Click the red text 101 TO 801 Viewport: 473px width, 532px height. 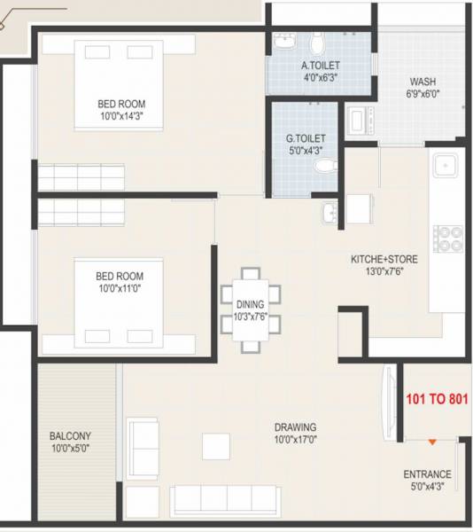coord(437,399)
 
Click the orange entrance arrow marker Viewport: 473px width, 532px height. coord(431,441)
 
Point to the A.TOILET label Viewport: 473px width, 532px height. coord(321,66)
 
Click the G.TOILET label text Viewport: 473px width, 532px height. coord(306,139)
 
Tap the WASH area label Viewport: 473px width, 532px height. coord(423,82)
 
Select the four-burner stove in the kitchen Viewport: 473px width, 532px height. coord(446,238)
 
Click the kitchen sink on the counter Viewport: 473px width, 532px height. coord(445,166)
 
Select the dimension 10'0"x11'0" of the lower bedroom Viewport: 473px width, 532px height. coord(119,288)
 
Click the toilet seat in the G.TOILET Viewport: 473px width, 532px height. coord(325,166)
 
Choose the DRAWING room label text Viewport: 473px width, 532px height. coord(295,426)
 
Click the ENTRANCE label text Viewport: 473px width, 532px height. coord(427,473)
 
